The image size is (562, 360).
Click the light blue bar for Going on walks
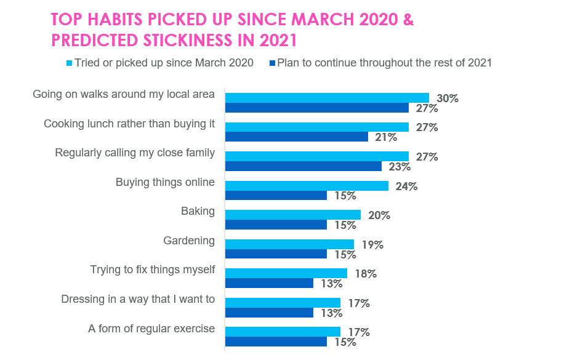pos(327,98)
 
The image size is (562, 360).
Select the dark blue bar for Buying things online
pos(276,196)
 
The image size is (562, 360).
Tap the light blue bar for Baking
pos(293,215)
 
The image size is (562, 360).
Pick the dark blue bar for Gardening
pos(276,254)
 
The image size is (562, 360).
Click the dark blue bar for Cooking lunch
pos(297,137)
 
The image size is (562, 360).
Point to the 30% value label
pos(448,98)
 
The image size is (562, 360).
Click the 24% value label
pos(407,186)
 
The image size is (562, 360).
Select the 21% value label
pos(387,137)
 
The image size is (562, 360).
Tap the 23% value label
pos(400,166)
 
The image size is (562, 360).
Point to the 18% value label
pos(366,274)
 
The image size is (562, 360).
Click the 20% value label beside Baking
pos(379,215)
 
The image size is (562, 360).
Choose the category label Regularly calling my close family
pos(135,153)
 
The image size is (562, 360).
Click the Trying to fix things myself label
pos(152,270)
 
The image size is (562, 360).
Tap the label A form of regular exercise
pos(151,329)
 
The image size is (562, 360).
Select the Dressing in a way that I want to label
pos(138,299)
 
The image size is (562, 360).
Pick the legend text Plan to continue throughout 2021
pos(384,63)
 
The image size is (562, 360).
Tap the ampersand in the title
pos(408,20)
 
